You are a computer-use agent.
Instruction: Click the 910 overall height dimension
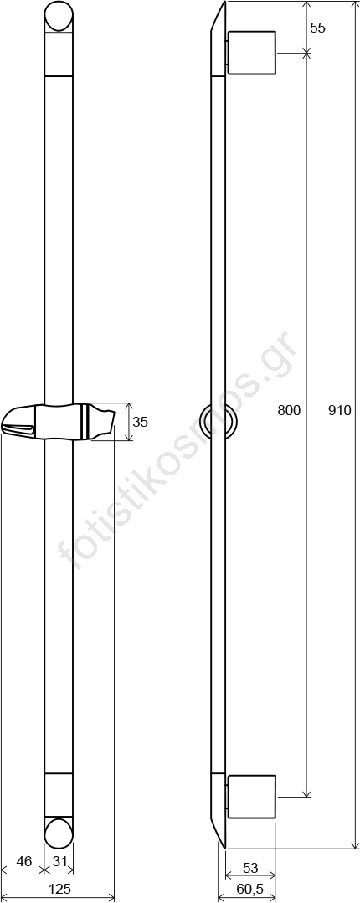pyautogui.click(x=339, y=410)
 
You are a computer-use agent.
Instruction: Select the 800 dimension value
pyautogui.click(x=289, y=410)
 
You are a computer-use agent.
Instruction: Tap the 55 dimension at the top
pyautogui.click(x=318, y=28)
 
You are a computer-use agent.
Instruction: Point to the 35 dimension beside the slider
pyautogui.click(x=140, y=422)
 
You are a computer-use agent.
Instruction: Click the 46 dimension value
pyautogui.click(x=23, y=861)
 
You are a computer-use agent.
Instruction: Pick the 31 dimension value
pyautogui.click(x=60, y=861)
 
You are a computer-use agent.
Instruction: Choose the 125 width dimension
pyautogui.click(x=59, y=889)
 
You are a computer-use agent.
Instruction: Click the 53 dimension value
pyautogui.click(x=250, y=868)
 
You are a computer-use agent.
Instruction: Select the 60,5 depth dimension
pyautogui.click(x=249, y=889)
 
